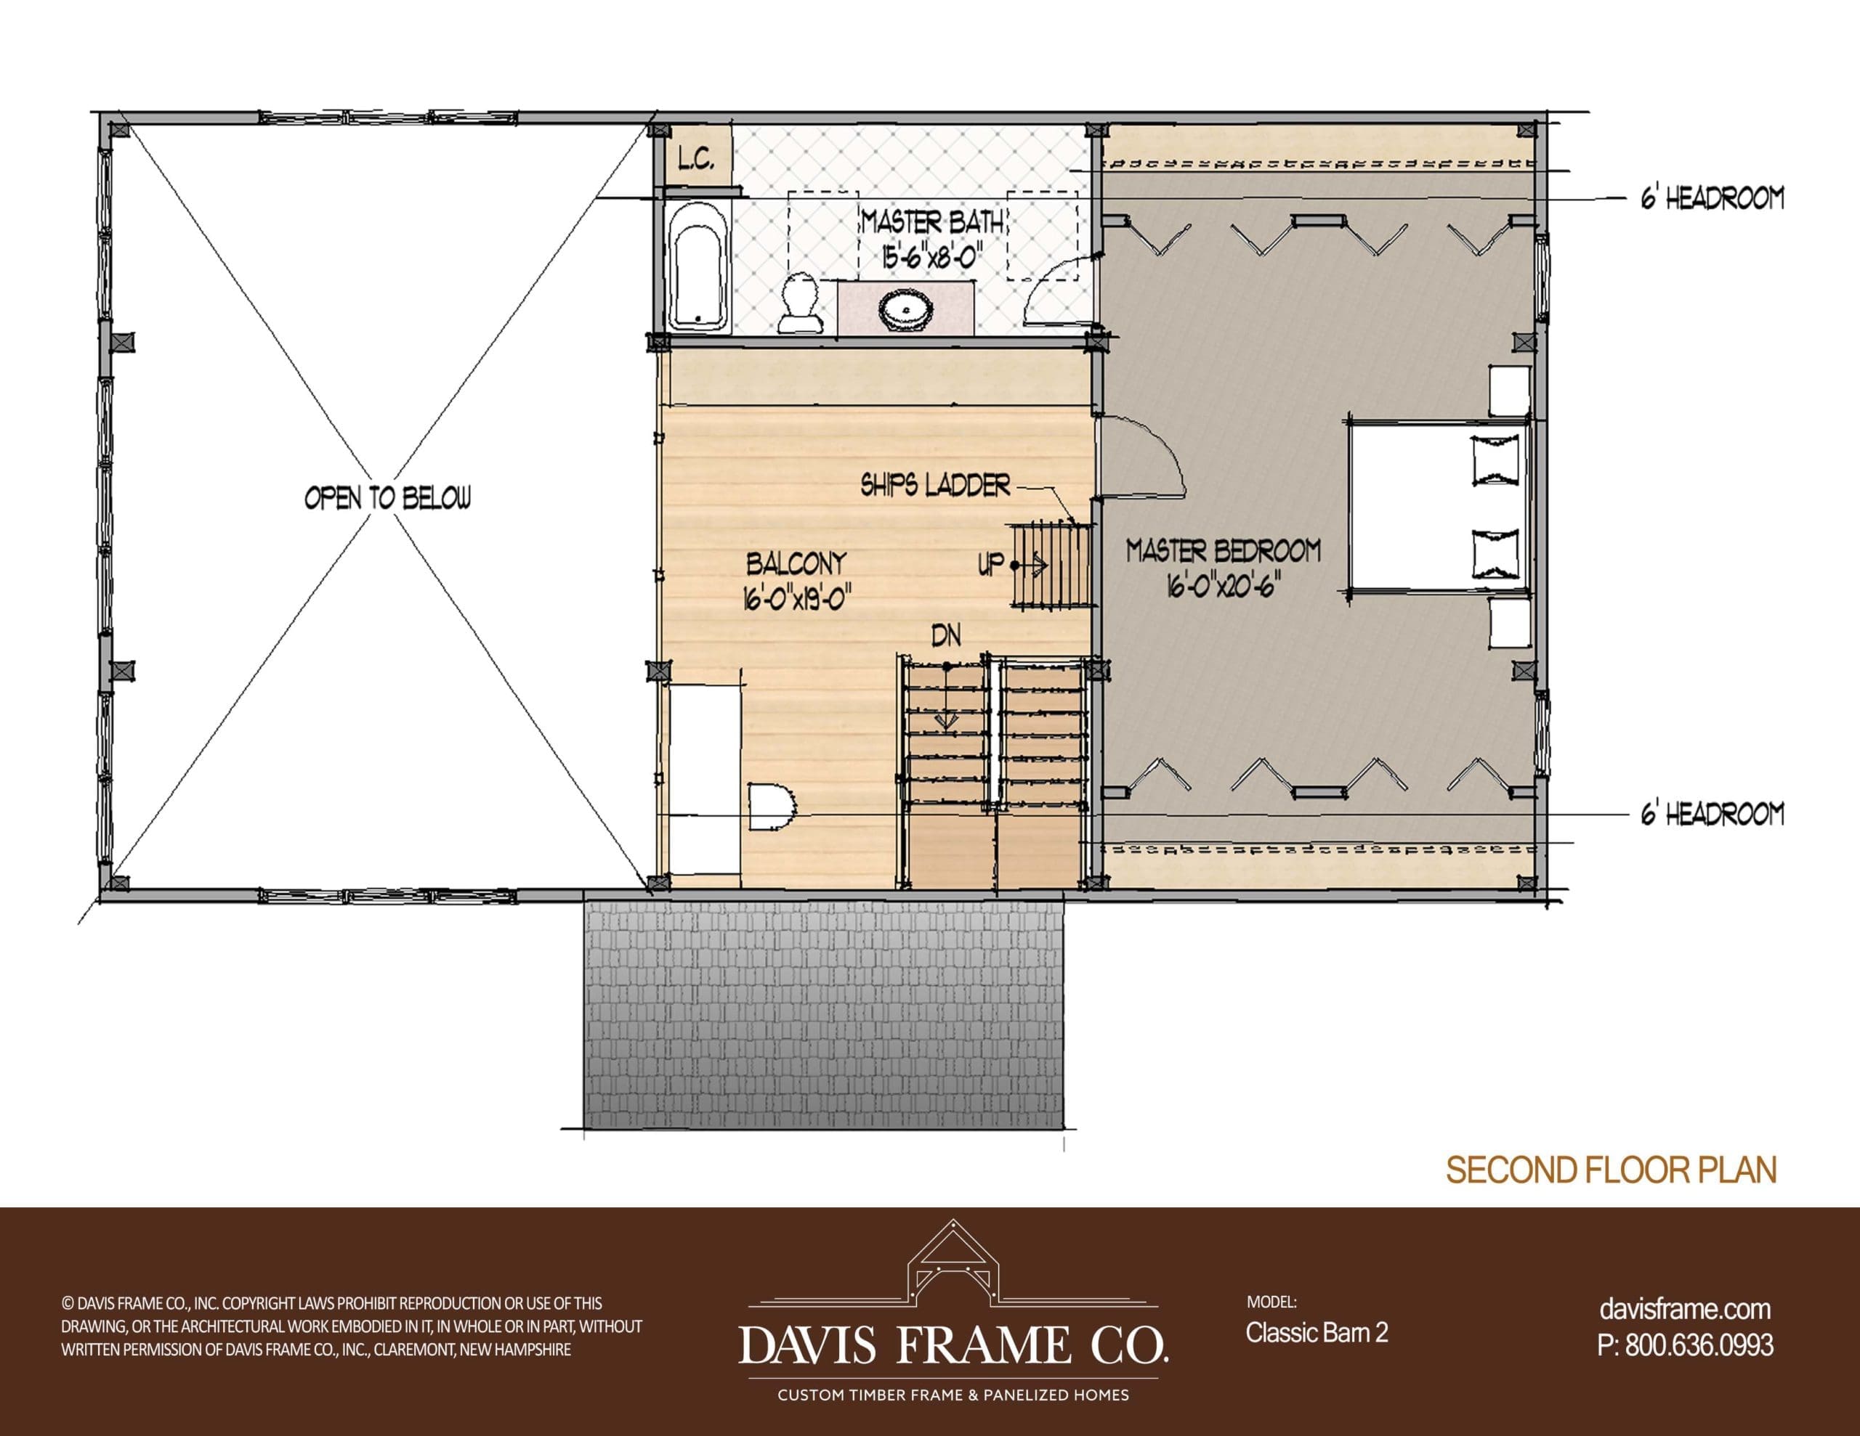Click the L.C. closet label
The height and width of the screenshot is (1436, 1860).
point(697,159)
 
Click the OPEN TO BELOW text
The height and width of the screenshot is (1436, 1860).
point(387,499)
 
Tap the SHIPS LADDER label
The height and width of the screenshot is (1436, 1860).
point(935,486)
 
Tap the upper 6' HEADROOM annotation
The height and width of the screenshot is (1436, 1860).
point(1712,199)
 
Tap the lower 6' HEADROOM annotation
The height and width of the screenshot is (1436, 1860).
point(1712,815)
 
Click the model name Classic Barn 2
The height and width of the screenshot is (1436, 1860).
point(1317,1332)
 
